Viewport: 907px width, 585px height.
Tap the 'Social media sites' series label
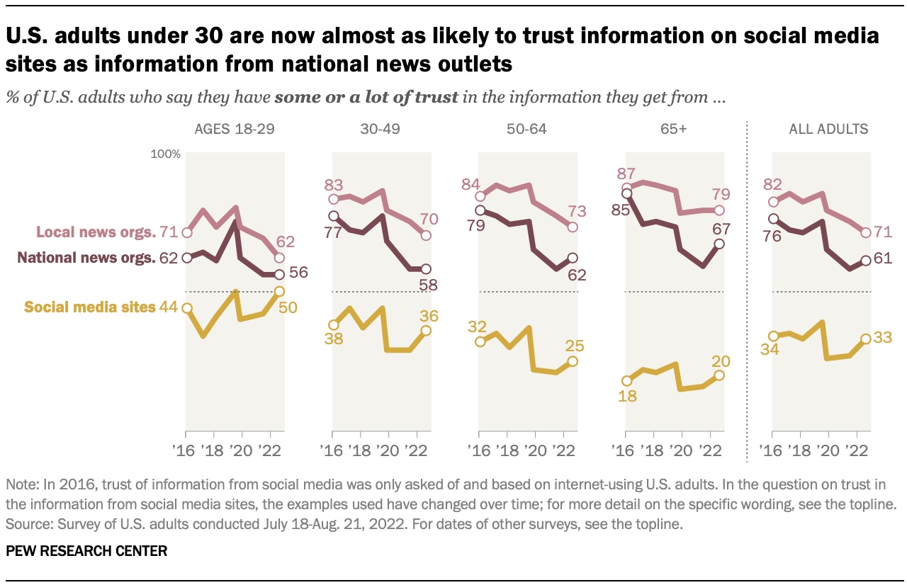90,307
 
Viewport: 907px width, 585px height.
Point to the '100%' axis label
167,154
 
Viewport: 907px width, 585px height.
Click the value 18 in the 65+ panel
628,397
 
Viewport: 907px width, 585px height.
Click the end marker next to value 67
720,244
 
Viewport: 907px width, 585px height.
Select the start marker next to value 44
186,308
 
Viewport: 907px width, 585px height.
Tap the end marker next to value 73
573,227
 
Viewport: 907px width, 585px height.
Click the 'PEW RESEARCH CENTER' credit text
86,551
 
